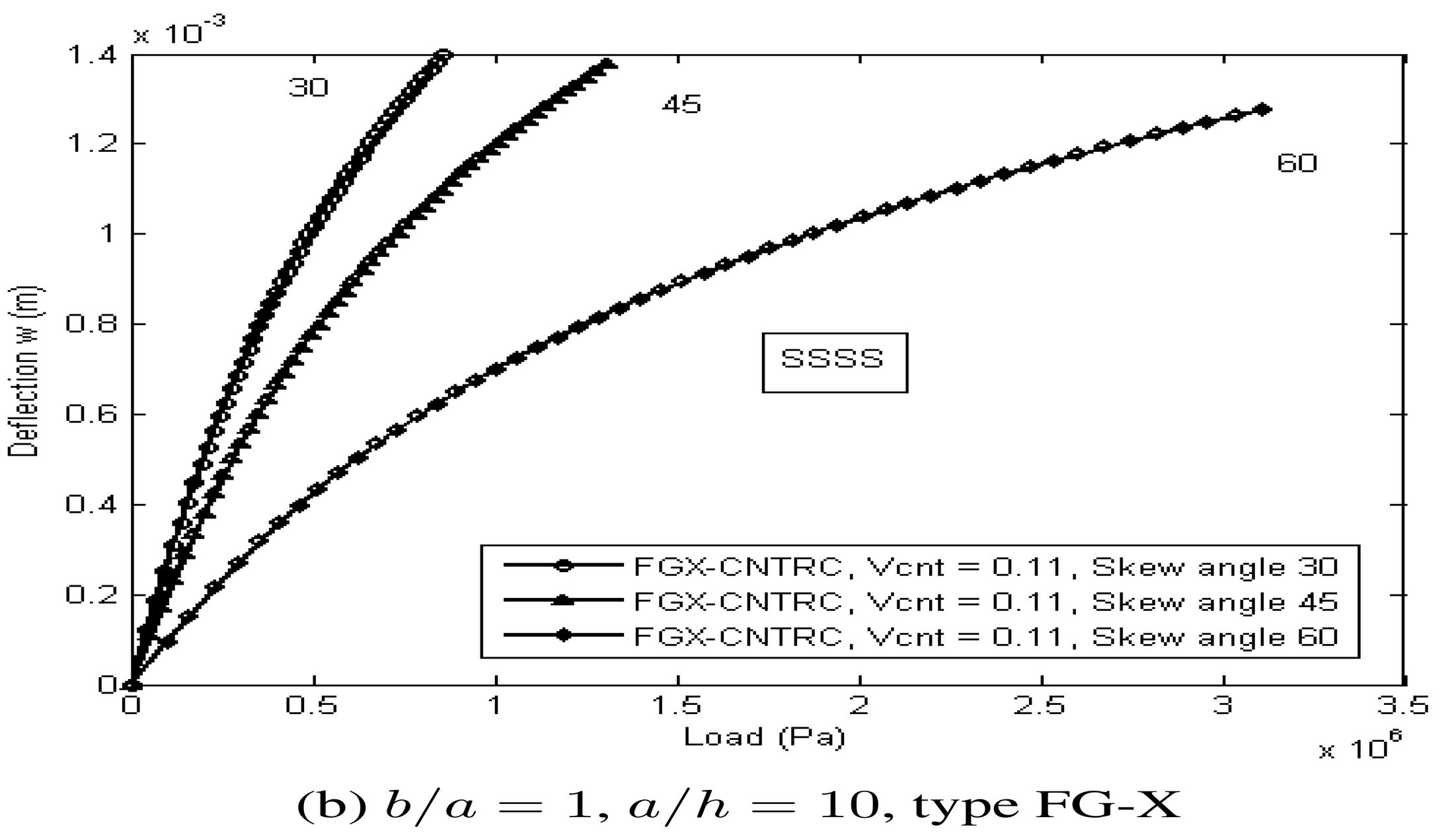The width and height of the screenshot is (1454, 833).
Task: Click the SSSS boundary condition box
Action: click(834, 362)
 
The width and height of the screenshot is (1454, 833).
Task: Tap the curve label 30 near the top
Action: click(308, 88)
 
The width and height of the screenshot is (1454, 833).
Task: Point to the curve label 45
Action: click(681, 104)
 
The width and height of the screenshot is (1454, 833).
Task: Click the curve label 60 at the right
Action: click(1297, 163)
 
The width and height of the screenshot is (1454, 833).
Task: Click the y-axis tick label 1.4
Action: click(93, 55)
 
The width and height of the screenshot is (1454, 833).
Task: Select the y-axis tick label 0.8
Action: click(93, 324)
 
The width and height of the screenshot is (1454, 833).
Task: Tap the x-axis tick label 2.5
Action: click(1040, 706)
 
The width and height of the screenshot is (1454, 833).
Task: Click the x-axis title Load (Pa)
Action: click(764, 736)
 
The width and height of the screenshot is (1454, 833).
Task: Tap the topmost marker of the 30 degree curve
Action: click(443, 55)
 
